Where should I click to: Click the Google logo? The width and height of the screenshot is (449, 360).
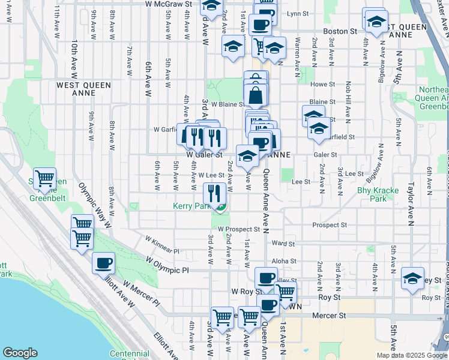click(x=20, y=352)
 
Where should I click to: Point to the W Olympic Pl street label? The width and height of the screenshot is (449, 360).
click(x=167, y=265)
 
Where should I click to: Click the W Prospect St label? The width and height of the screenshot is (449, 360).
click(x=239, y=229)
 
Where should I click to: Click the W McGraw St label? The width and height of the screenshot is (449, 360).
click(x=168, y=4)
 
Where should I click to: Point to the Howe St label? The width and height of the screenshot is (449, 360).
click(x=322, y=85)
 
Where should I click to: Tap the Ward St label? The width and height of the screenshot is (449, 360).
click(x=283, y=244)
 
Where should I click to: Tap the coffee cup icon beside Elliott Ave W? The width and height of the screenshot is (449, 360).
click(x=103, y=262)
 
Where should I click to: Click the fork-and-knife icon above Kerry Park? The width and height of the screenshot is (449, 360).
click(x=214, y=193)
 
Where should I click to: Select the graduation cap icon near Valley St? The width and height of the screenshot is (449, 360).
click(x=413, y=278)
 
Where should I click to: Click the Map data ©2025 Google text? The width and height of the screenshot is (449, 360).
click(x=411, y=355)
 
